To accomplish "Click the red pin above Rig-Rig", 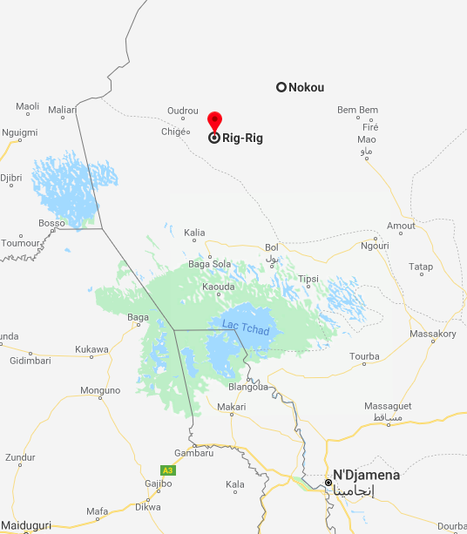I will click(x=215, y=122).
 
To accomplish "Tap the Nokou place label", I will click(x=306, y=87).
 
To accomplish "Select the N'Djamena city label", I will click(x=365, y=476).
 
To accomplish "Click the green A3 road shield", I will click(x=168, y=470).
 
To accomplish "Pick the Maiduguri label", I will click(x=26, y=525).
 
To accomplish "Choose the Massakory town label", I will click(x=433, y=334).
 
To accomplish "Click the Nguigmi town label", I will click(x=19, y=132).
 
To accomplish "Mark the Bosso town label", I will click(x=51, y=223).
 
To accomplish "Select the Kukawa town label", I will click(x=91, y=349).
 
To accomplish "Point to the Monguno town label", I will click(x=100, y=390).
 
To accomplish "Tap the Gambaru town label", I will click(x=193, y=453).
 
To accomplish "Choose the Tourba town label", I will click(x=364, y=356).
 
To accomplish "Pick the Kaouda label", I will click(x=218, y=287).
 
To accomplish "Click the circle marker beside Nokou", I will click(x=281, y=87).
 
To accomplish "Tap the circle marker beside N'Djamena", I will click(x=328, y=482).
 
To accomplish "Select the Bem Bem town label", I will click(x=357, y=110).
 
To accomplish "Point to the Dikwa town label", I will click(x=147, y=507).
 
